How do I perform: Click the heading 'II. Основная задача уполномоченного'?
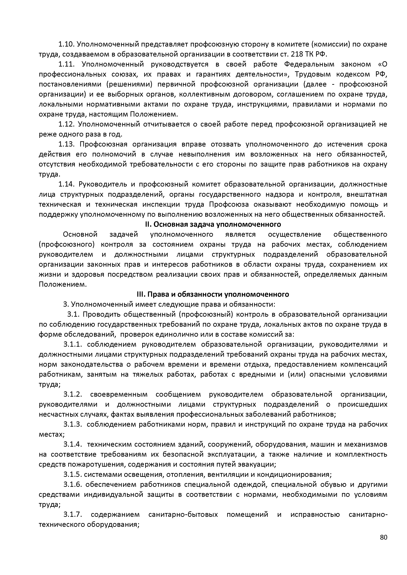(x=213, y=224)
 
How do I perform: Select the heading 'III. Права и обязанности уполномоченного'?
(x=213, y=294)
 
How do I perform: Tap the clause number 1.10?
(x=66, y=44)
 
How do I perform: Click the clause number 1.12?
(x=66, y=124)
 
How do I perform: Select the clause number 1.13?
(x=66, y=144)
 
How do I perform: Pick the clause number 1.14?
(x=66, y=184)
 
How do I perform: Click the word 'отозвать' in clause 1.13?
(x=226, y=144)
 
